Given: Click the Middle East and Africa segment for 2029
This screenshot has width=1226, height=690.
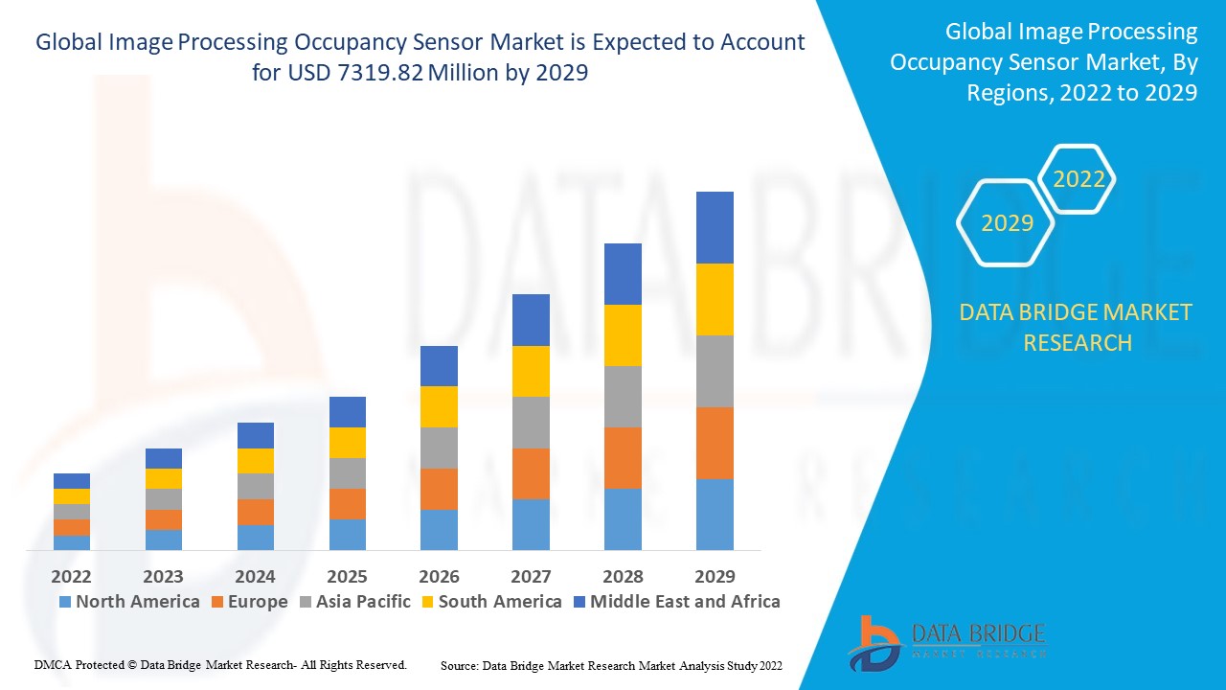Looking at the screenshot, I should (715, 227).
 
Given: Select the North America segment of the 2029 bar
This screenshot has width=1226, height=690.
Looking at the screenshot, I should (715, 514).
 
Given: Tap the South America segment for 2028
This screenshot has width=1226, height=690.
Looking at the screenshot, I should (623, 335).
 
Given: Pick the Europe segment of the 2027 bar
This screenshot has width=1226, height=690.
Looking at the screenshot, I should (531, 473).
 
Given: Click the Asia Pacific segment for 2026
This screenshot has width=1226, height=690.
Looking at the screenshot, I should (439, 448).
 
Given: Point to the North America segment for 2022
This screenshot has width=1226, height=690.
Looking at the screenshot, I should (72, 542).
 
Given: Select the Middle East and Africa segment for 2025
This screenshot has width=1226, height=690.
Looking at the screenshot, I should (347, 412).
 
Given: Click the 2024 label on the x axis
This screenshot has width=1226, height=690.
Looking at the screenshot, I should (255, 576).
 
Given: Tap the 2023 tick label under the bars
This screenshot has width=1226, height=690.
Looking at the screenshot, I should (163, 576).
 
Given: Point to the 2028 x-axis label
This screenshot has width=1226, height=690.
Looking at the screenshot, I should (623, 576).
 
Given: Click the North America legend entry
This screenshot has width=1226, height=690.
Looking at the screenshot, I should (128, 602).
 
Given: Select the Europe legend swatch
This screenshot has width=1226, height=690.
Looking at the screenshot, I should (217, 602).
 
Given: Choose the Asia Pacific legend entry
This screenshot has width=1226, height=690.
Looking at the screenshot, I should (353, 602).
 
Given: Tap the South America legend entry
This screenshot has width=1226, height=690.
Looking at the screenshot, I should (489, 602).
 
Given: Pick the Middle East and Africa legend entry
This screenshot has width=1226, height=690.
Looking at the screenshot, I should (675, 602).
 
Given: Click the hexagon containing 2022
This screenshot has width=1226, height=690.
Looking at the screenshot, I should (1078, 179).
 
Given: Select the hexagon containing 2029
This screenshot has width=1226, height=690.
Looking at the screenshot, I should (1007, 223).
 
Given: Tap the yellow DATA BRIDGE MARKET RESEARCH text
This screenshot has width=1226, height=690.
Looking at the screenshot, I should (1077, 327).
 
